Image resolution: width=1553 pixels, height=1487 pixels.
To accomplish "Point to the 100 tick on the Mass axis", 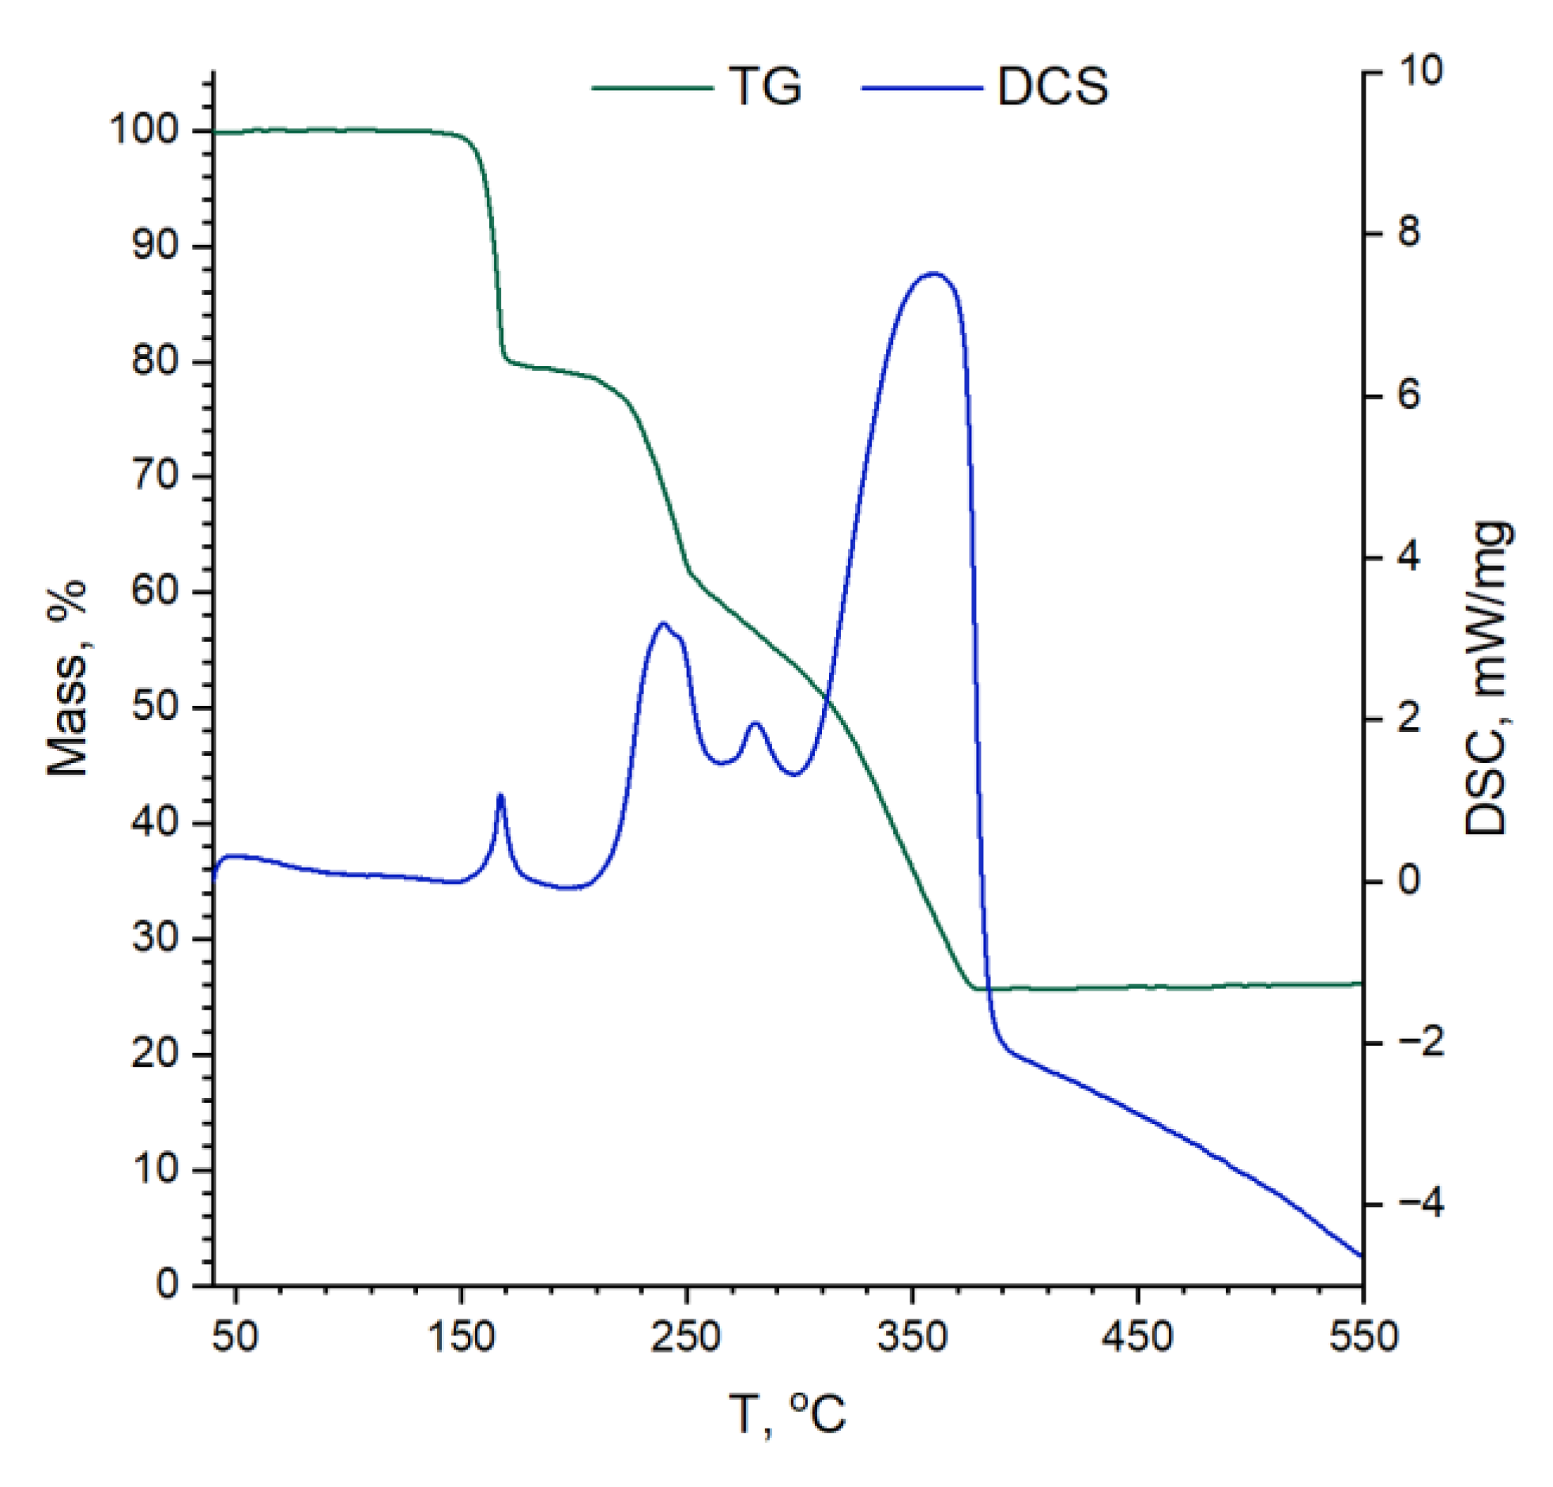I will (149, 130).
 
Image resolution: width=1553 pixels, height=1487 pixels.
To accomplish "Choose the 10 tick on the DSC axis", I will (1421, 72).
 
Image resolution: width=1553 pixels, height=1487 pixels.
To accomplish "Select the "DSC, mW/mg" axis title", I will (1487, 677).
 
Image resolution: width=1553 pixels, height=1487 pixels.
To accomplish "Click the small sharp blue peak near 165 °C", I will (500, 795).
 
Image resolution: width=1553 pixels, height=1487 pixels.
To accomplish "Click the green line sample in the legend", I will (652, 87).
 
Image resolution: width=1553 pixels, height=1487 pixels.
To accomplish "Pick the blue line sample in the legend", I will (922, 87).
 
